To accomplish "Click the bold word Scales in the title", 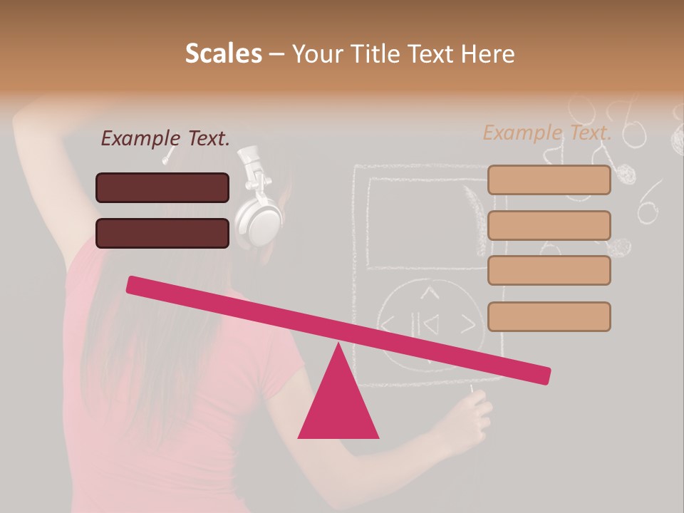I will (223, 54).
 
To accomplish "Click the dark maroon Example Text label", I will (165, 138).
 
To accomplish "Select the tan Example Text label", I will (547, 133).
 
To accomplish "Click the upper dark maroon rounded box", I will (162, 187).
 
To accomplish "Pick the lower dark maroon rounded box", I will (162, 233).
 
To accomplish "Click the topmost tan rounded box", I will (549, 180).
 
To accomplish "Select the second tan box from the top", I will (549, 225).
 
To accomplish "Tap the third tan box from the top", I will (549, 271).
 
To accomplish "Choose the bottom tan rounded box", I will (549, 316).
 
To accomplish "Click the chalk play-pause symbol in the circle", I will (430, 326).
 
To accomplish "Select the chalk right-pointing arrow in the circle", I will (467, 325).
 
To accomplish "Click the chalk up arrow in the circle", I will (428, 292).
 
